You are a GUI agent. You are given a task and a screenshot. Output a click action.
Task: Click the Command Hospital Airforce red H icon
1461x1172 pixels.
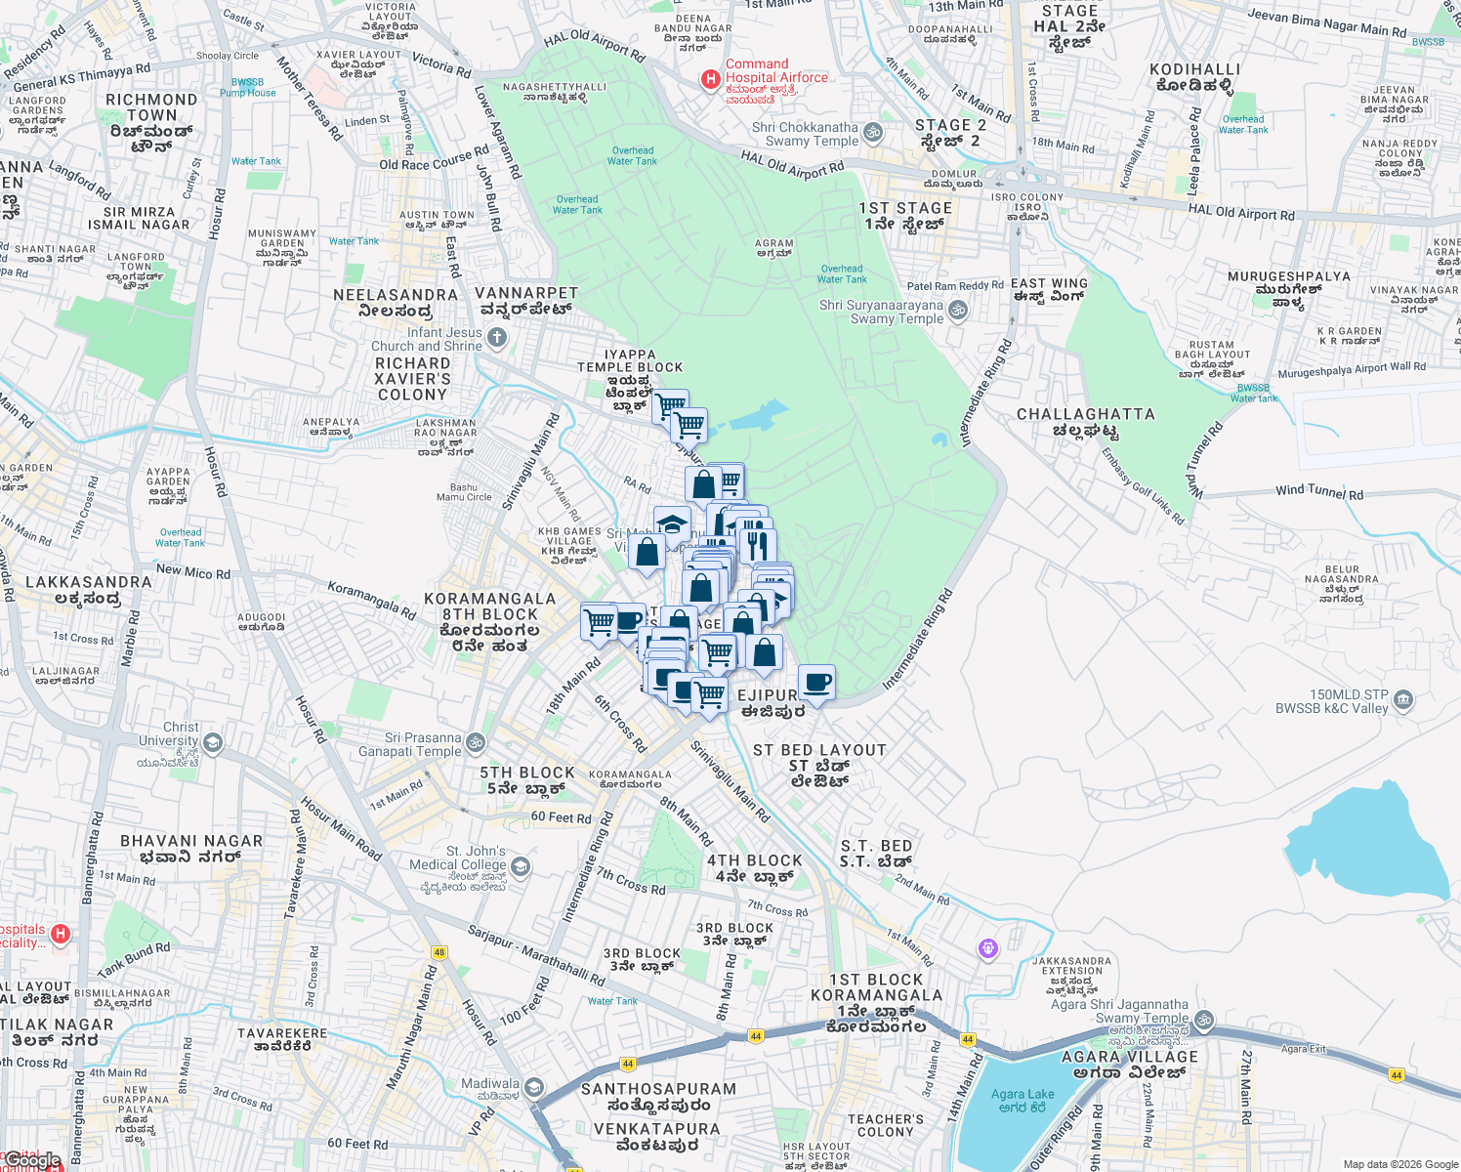pos(711,78)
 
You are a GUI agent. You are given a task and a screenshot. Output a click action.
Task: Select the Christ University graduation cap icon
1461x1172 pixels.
pos(212,743)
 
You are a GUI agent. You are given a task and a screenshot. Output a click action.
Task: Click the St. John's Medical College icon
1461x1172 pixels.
pos(521,866)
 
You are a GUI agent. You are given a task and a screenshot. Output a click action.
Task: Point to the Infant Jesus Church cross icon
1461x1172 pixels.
pos(497,338)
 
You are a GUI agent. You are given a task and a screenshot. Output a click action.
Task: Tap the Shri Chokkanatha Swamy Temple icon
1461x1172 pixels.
pos(873,133)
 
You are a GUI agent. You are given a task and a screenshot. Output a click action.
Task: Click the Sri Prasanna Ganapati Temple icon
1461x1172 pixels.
pos(476,743)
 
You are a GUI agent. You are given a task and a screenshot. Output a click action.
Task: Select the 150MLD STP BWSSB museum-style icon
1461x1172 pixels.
pos(1403,699)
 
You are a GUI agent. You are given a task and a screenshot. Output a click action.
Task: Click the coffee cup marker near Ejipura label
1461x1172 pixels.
pos(816,682)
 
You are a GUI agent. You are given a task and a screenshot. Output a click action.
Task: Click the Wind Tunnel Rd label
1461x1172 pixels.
pos(1318,491)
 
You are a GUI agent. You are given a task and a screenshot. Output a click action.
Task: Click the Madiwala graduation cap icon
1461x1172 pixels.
pos(533,1087)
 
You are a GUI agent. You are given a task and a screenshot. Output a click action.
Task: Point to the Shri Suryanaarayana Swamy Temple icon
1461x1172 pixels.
pos(958,311)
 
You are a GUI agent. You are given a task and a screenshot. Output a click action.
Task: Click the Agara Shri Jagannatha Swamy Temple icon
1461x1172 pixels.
pos(1204,1020)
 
